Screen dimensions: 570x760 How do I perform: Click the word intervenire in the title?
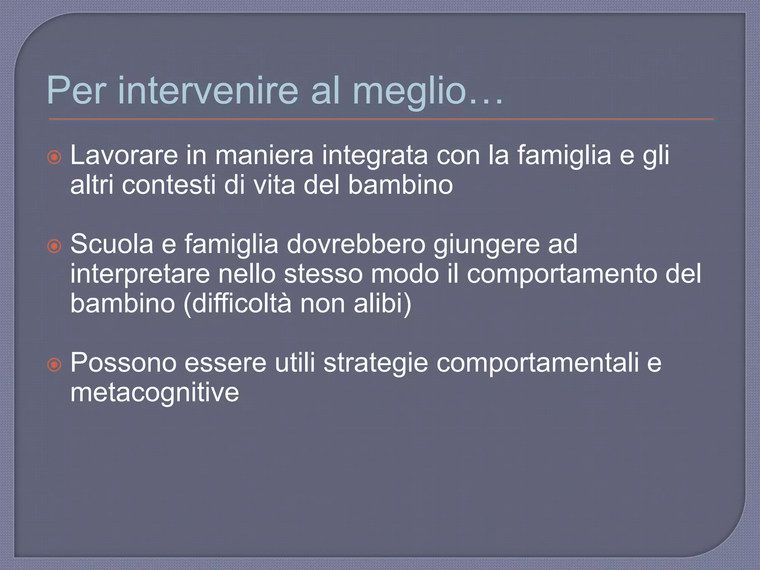pyautogui.click(x=208, y=91)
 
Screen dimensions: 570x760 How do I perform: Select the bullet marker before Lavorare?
pyautogui.click(x=54, y=157)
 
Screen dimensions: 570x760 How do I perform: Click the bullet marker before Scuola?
pyautogui.click(x=54, y=246)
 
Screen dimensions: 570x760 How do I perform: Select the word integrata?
pyautogui.click(x=375, y=156)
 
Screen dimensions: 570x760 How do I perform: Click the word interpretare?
pyautogui.click(x=140, y=275)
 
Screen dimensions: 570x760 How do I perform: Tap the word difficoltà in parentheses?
pyautogui.click(x=241, y=304)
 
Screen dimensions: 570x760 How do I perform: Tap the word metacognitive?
pyautogui.click(x=155, y=393)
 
